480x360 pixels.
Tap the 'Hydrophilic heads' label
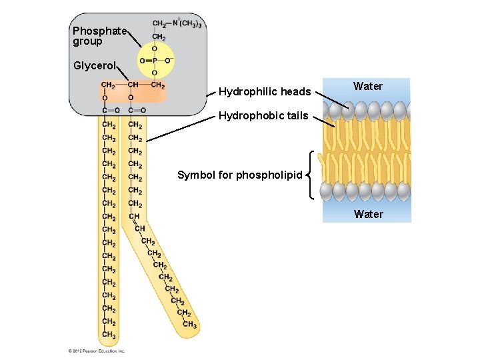265,91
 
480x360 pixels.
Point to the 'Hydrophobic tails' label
263,116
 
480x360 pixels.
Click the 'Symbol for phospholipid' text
239,175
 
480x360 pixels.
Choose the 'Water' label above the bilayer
368,86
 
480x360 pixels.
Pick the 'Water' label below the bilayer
369,214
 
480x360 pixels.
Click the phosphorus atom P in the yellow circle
155,61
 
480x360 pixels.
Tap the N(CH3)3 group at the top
188,24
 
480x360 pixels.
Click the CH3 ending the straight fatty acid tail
109,335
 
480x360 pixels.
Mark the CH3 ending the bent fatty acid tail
189,325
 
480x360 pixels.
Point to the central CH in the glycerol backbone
133,85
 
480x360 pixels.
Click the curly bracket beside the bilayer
312,175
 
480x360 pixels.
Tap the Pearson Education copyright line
97,351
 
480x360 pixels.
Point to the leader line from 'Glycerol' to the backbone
125,72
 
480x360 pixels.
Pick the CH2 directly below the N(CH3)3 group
159,37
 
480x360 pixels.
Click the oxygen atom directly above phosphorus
155,49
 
